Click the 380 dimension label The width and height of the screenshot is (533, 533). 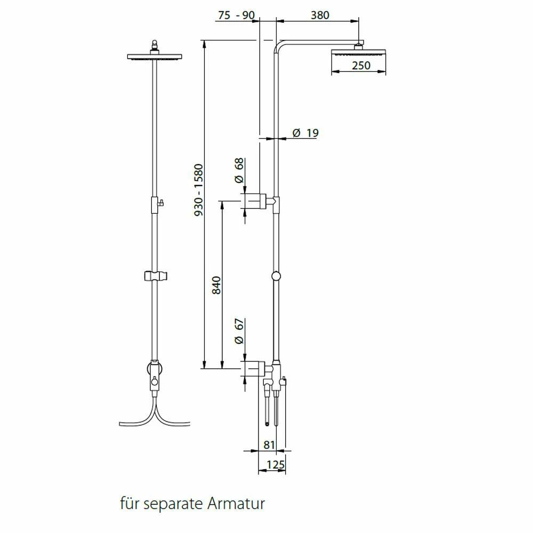point(320,15)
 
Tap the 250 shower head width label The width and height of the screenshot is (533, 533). point(361,65)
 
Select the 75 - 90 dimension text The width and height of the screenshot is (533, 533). point(236,15)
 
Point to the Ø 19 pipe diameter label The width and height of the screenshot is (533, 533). point(305,133)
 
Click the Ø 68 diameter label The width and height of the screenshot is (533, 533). point(239,171)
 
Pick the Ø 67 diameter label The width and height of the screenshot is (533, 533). point(239,331)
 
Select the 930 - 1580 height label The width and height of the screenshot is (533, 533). point(198,190)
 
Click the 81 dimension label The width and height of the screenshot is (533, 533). point(269,445)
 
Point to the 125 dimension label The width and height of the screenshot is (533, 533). point(276,464)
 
